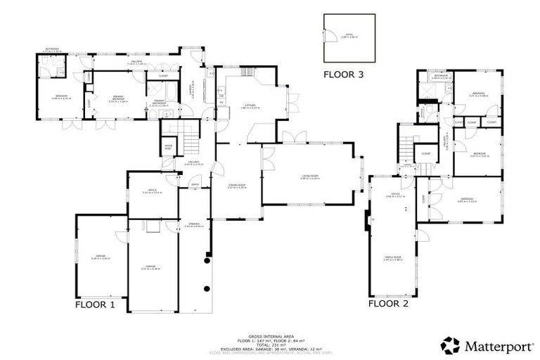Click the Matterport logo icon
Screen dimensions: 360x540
(450, 345)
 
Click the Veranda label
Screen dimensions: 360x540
(188, 226)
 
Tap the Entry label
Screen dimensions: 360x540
(195, 186)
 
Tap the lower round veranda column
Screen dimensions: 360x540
(205, 288)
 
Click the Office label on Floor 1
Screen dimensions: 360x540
(152, 191)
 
